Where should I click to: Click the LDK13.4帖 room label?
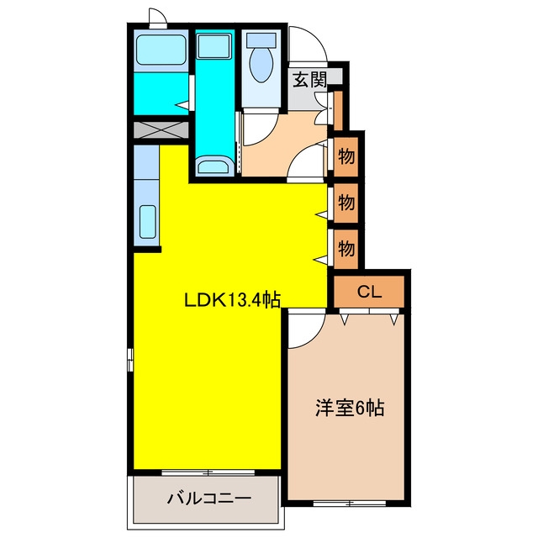233,301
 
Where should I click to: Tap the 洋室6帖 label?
350,409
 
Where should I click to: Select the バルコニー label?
209,498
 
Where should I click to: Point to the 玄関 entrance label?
309,80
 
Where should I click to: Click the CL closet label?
369,292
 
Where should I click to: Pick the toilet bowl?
261,64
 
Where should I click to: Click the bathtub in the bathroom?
161,50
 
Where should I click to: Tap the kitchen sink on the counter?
148,222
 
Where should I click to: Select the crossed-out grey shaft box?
161,130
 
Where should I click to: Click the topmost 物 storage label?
346,156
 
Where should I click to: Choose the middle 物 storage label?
346,203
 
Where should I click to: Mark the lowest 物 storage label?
346,248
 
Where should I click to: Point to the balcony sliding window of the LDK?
208,472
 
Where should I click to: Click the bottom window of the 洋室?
350,504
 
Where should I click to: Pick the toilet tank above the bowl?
261,40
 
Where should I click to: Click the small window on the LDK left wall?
130,360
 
